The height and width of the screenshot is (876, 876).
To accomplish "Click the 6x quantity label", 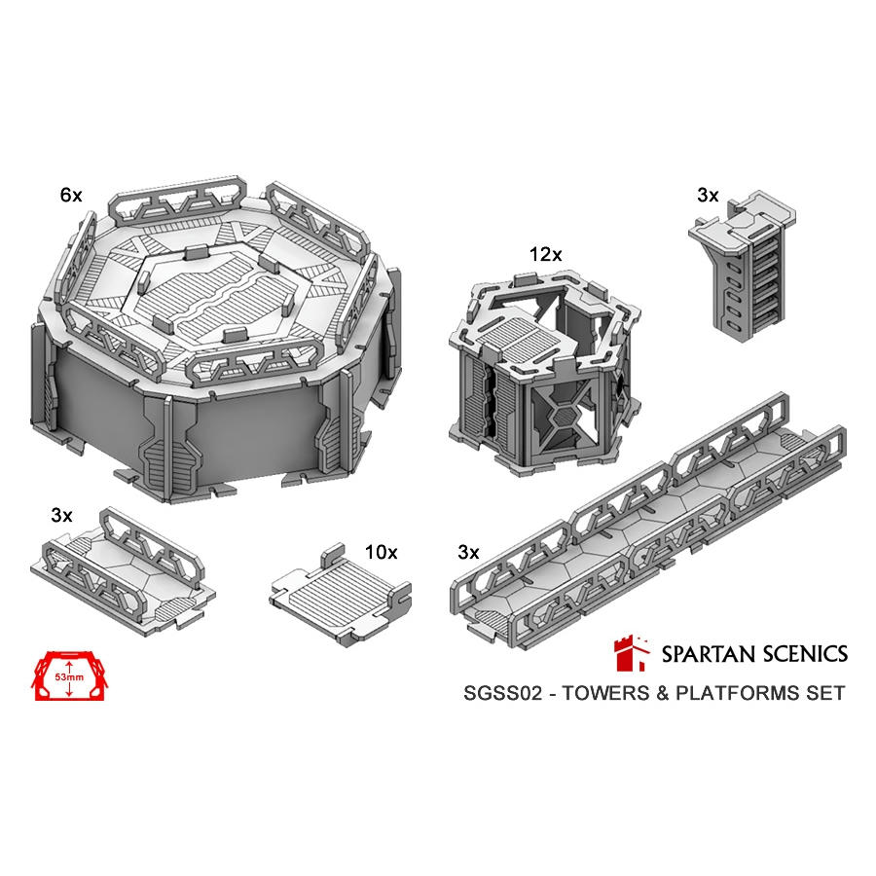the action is pos(71,195).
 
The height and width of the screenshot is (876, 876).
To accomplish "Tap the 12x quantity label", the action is pos(545,254).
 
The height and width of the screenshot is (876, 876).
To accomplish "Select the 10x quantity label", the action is pos(381,552).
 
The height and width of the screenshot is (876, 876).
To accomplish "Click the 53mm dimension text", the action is pos(69,677).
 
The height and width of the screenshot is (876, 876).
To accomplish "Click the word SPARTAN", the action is pos(708,654).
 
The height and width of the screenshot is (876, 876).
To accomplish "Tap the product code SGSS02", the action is pos(503,693).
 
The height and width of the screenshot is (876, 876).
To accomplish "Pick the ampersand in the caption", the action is pos(663,693).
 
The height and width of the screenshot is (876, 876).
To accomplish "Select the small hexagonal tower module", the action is pos(545,375).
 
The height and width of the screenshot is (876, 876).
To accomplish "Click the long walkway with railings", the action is pos(648,523).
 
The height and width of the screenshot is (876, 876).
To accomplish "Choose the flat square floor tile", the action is pos(341,595).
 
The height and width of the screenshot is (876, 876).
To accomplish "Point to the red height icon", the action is pos(69,675).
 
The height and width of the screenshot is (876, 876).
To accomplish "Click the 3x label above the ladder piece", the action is pos(708,195).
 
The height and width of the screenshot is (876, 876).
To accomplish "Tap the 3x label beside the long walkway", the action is pos(468,552).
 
